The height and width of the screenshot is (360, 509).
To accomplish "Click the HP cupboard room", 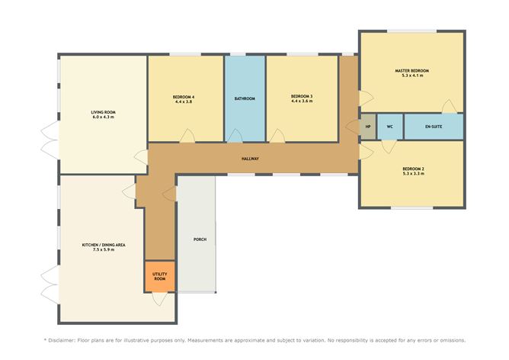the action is tap(368, 127).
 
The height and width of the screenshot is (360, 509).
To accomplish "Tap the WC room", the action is tap(390, 127).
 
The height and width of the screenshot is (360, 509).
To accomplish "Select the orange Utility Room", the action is tap(160, 277).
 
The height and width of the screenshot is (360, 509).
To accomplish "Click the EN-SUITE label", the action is tap(434, 127).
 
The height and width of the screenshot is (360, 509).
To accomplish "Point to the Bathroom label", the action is tap(245, 98).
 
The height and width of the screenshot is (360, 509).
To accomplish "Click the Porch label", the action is tap(200, 239).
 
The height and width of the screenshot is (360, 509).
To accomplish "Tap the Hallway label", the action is tap(250, 159).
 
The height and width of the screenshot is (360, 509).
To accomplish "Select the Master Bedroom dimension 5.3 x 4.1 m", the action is tap(412, 76).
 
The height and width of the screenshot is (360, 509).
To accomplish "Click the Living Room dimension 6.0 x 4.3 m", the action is tap(103, 117).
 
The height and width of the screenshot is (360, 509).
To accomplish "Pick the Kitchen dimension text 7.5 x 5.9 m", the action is tap(104, 249).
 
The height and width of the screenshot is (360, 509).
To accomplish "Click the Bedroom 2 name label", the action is tap(413, 169).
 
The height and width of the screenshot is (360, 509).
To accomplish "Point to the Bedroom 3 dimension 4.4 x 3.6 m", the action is tap(302, 101).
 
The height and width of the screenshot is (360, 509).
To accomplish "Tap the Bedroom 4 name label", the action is tap(184, 97).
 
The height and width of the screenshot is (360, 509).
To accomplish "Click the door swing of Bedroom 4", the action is tap(187, 136).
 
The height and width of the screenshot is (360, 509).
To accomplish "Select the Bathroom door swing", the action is tap(235, 136).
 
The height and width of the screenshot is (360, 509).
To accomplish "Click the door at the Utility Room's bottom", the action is tap(160, 299).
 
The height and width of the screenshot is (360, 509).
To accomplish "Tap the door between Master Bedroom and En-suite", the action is tap(450, 106).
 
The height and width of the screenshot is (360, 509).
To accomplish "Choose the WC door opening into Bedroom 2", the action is tap(389, 146).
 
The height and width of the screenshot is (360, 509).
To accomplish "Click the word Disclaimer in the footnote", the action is tap(62, 340).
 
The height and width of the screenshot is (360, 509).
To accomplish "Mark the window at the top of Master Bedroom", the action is tap(412, 31).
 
